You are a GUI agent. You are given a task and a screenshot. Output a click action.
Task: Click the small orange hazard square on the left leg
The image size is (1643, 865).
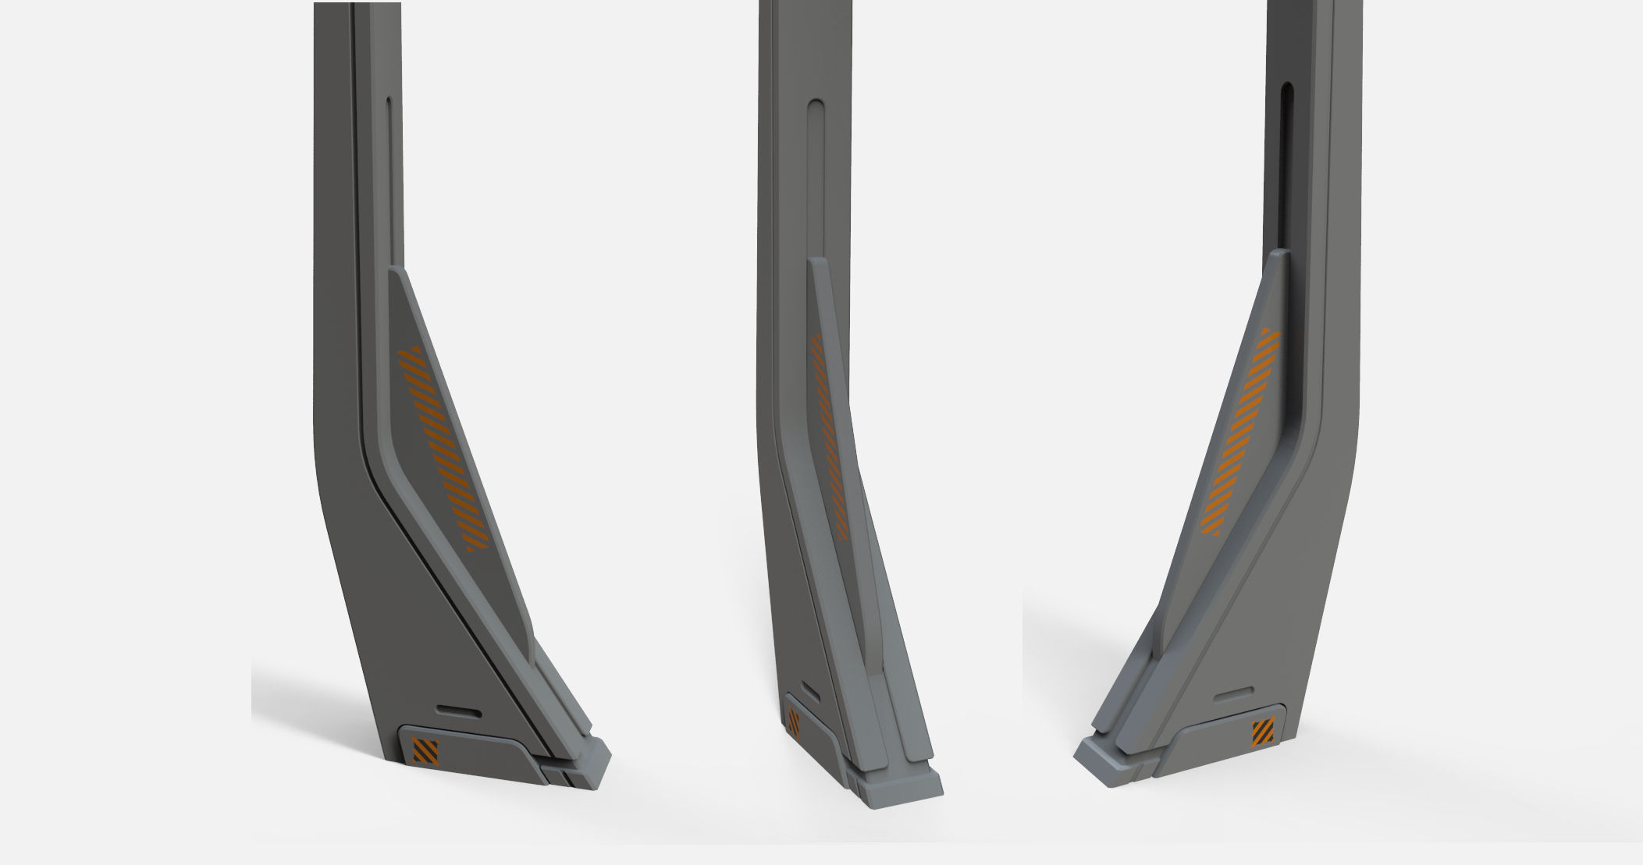425,751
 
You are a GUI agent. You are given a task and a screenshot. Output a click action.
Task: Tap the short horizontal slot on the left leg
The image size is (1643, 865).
460,711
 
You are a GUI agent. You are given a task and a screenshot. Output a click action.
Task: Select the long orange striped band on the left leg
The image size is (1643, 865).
442,448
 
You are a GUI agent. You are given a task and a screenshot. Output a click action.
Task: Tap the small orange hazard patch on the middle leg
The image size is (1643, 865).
794,723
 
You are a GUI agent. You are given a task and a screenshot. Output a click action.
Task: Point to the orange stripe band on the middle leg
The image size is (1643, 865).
827,437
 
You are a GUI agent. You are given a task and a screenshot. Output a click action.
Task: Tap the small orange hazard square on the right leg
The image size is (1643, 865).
1263,734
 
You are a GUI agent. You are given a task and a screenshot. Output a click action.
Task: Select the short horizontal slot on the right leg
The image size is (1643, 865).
1232,692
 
